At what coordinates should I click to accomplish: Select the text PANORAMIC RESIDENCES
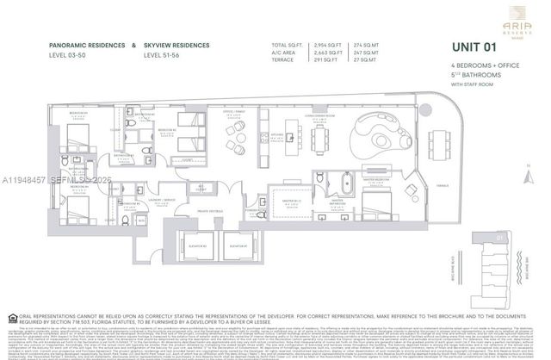pyautogui.click(x=81, y=44)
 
